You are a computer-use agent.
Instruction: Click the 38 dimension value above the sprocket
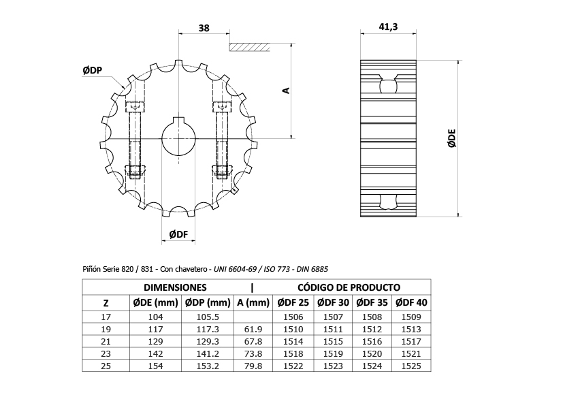[204, 28]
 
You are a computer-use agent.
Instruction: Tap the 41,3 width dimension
[388, 27]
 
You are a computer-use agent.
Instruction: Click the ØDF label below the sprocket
[178, 234]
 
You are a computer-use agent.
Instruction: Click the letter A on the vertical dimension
[287, 90]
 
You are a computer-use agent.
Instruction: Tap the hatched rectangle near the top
[250, 47]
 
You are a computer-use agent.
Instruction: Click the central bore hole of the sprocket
[178, 138]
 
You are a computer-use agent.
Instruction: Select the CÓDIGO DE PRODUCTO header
[349, 287]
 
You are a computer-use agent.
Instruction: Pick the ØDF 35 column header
[371, 302]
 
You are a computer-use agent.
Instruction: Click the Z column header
[105, 302]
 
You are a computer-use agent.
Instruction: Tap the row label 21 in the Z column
[105, 341]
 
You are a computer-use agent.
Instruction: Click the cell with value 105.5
[207, 317]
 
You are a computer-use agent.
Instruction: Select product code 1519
[332, 353]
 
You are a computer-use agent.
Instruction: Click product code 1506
[292, 317]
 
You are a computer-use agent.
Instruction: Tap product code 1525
[411, 366]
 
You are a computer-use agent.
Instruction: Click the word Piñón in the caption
[93, 269]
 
